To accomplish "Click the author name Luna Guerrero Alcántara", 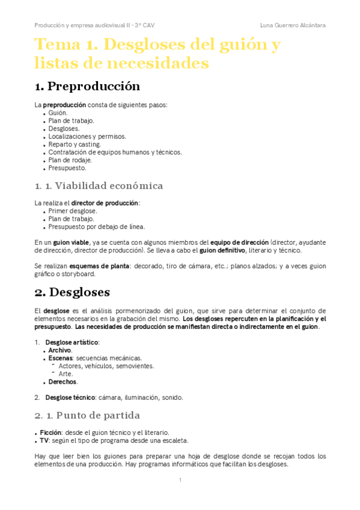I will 293,25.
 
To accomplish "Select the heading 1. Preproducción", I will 88,86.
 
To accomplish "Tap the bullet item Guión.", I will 58,112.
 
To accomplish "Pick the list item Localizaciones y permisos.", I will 88,137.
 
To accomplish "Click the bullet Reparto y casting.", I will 75,144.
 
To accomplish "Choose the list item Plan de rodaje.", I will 70,160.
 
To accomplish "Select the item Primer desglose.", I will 73,211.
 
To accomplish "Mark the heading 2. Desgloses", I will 72,293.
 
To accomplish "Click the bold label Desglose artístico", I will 72,342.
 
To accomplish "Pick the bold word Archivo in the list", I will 60,350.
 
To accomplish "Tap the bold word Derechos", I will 63,381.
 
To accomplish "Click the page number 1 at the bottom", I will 180,480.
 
